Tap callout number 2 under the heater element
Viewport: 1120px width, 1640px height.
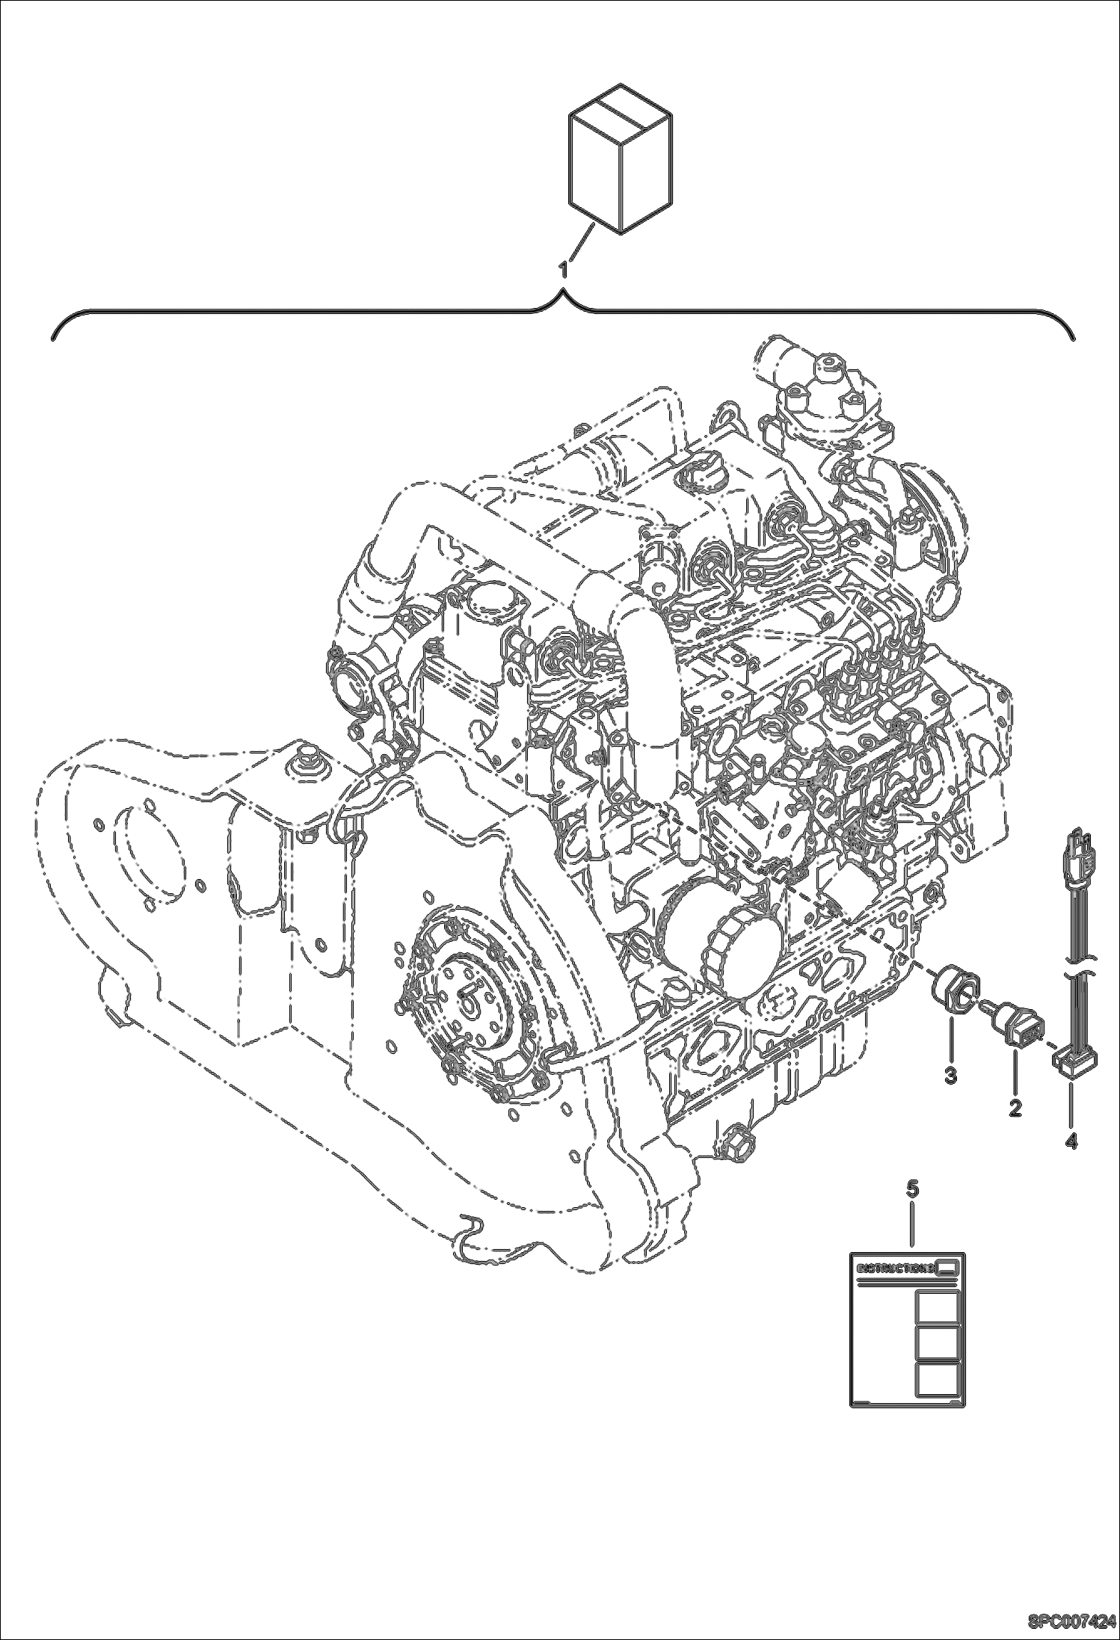(x=1015, y=1107)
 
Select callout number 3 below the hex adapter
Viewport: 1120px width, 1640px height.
(x=950, y=1076)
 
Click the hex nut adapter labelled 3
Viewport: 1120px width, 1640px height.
(x=951, y=993)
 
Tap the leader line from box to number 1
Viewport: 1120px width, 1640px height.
(x=582, y=242)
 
